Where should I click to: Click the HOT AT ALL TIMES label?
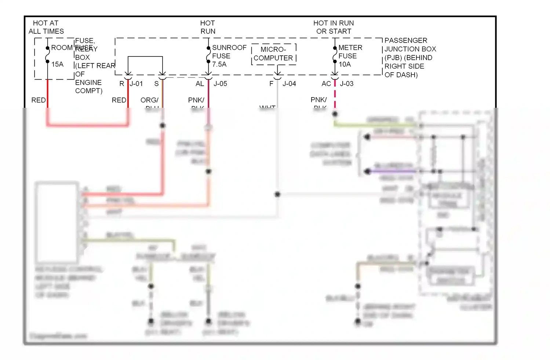(x=46, y=27)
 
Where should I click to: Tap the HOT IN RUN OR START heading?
(x=334, y=27)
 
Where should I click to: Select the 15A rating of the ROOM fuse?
(x=57, y=65)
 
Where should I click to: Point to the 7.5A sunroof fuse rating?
(x=219, y=65)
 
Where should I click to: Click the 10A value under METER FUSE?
(x=345, y=65)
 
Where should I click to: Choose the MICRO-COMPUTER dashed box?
(x=273, y=54)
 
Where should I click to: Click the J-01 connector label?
(x=136, y=84)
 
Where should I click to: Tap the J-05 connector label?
(x=220, y=84)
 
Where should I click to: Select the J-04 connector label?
(x=289, y=84)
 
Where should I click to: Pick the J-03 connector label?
(x=347, y=84)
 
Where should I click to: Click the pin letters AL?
(x=200, y=84)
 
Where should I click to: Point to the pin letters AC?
(x=326, y=84)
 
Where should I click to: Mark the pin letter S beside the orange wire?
(x=156, y=84)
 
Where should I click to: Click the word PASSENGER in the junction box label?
(x=406, y=40)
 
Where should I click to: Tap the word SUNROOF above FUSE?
(x=229, y=48)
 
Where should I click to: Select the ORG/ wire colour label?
(x=149, y=100)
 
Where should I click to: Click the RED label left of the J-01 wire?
(x=119, y=100)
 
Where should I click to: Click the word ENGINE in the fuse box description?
(x=88, y=82)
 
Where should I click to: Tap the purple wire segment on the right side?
(x=393, y=171)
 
